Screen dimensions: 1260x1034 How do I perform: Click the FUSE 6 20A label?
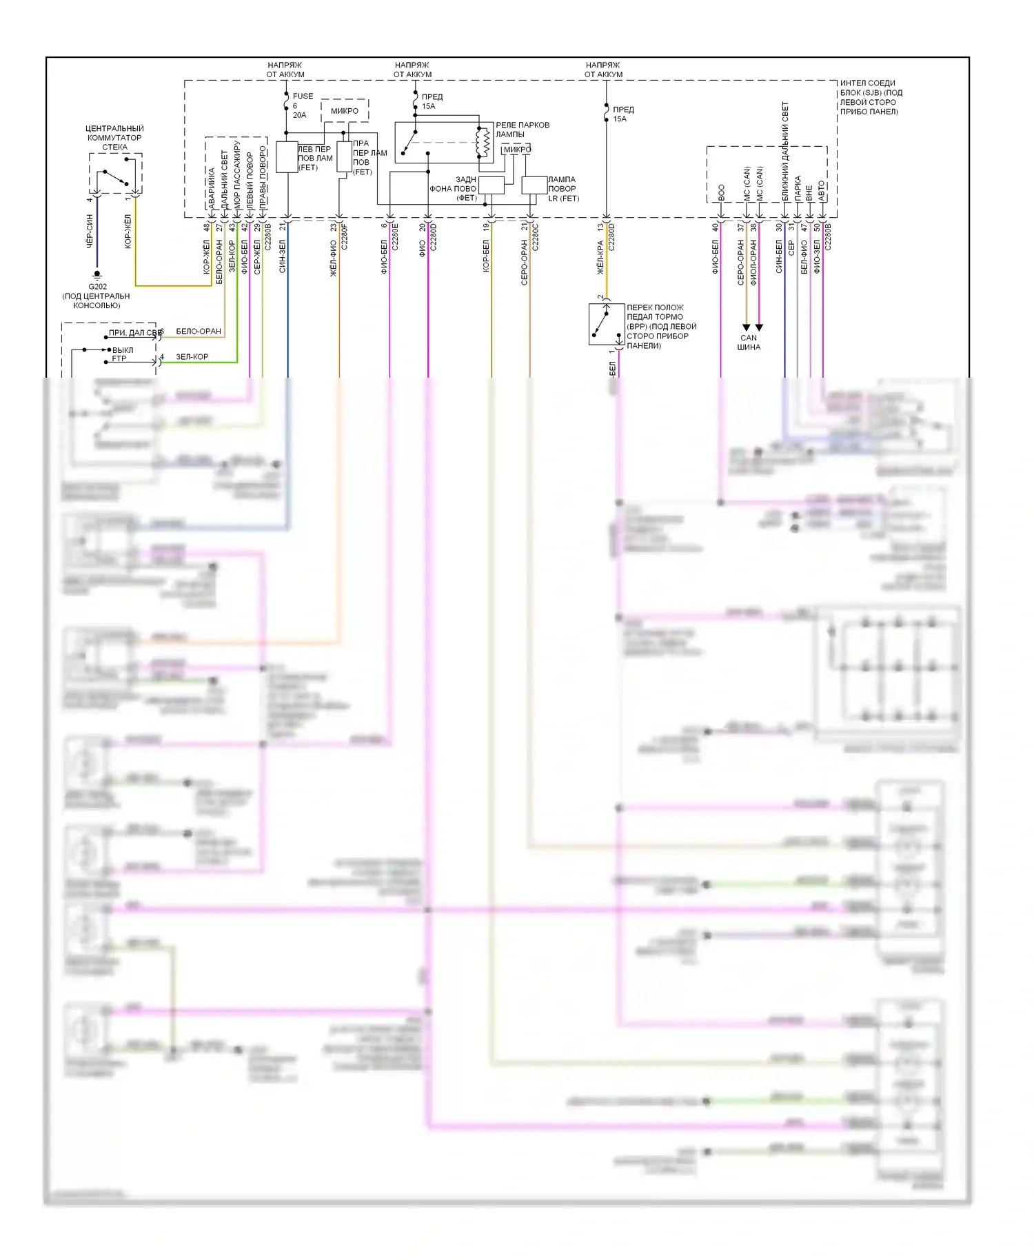tap(302, 105)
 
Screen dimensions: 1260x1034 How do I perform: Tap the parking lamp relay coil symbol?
tap(485, 143)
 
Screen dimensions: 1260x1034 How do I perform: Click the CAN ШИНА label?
tap(749, 342)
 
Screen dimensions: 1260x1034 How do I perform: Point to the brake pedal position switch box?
tap(606, 324)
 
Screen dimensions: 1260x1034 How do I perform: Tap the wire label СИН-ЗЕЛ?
tap(283, 256)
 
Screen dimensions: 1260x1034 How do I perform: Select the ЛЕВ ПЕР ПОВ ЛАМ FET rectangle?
tap(287, 157)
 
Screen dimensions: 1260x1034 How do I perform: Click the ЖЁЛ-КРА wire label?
tap(600, 257)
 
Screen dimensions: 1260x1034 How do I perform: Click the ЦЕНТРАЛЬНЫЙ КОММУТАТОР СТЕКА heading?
tap(114, 137)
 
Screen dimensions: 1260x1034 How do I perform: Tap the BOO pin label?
tap(721, 192)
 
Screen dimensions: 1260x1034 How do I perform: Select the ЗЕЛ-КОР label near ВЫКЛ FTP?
tap(192, 356)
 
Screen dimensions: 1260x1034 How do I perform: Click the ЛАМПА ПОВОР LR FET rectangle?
tap(534, 185)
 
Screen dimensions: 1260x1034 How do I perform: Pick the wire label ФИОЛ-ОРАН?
tap(753, 262)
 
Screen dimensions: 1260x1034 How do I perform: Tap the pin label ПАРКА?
tap(798, 188)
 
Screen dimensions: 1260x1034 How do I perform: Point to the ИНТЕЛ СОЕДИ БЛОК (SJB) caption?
tap(871, 97)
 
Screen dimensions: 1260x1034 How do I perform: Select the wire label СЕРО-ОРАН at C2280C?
tap(524, 262)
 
